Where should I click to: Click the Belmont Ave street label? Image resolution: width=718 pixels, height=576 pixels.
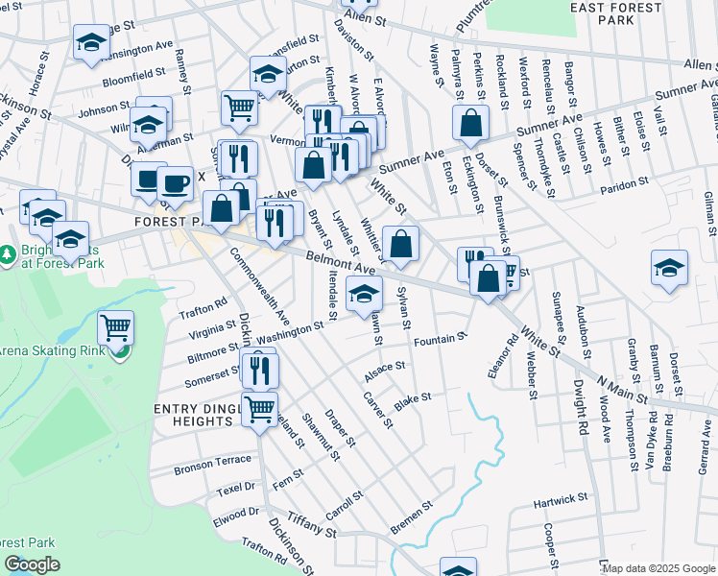[x=339, y=263]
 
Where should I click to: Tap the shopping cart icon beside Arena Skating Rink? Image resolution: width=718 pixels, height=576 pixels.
[x=116, y=328]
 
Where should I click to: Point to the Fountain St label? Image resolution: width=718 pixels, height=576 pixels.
[x=440, y=340]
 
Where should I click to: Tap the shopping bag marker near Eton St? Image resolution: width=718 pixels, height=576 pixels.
[x=470, y=123]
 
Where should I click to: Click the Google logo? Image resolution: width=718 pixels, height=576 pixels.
[x=32, y=564]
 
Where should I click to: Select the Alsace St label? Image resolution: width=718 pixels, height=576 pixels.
[x=386, y=370]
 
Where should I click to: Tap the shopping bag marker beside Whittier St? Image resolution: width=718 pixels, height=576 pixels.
[x=400, y=244]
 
